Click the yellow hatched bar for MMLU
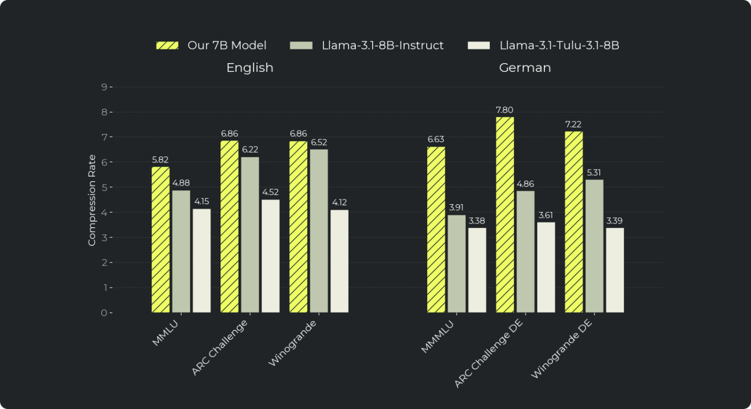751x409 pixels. click(161, 240)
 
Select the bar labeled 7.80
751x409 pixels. click(505, 215)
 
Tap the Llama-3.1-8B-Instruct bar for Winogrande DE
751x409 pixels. click(594, 246)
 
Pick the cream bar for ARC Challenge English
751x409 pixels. click(270, 256)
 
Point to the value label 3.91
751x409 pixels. click(456, 208)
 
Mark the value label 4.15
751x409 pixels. click(201, 201)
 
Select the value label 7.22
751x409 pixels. click(573, 125)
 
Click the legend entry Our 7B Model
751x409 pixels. click(211, 46)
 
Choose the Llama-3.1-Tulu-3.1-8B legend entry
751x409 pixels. click(543, 46)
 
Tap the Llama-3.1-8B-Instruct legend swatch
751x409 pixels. click(301, 46)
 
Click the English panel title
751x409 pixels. click(250, 68)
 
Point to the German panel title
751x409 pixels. click(525, 68)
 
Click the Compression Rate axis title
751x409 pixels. click(92, 200)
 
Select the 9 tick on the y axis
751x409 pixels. click(103, 87)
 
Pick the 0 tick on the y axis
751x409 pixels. click(103, 312)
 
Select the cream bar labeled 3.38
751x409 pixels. click(477, 270)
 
